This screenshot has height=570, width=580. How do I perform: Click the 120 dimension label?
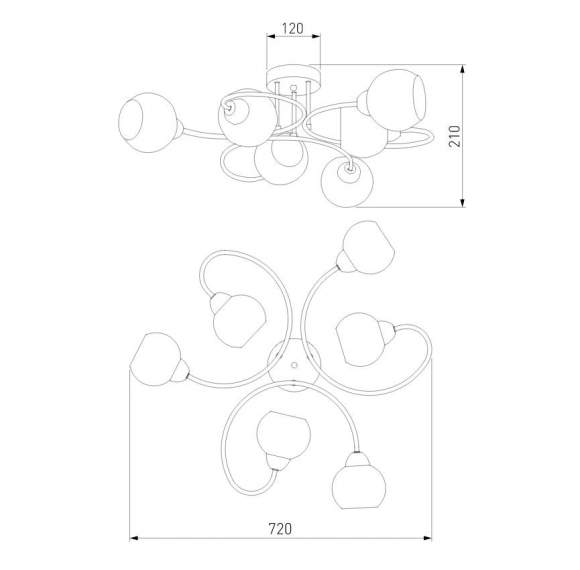pyautogui.click(x=292, y=28)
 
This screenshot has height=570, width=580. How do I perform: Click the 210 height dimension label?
pyautogui.click(x=479, y=137)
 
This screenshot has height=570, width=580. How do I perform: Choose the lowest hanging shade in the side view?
pyautogui.click(x=349, y=182)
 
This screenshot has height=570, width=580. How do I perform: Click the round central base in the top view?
pyautogui.click(x=294, y=364)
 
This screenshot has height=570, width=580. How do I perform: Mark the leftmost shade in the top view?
pyautogui.click(x=156, y=357)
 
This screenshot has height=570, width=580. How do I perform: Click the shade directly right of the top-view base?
pyautogui.click(x=362, y=339)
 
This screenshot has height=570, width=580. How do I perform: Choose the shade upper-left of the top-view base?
pyautogui.click(x=238, y=319)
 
